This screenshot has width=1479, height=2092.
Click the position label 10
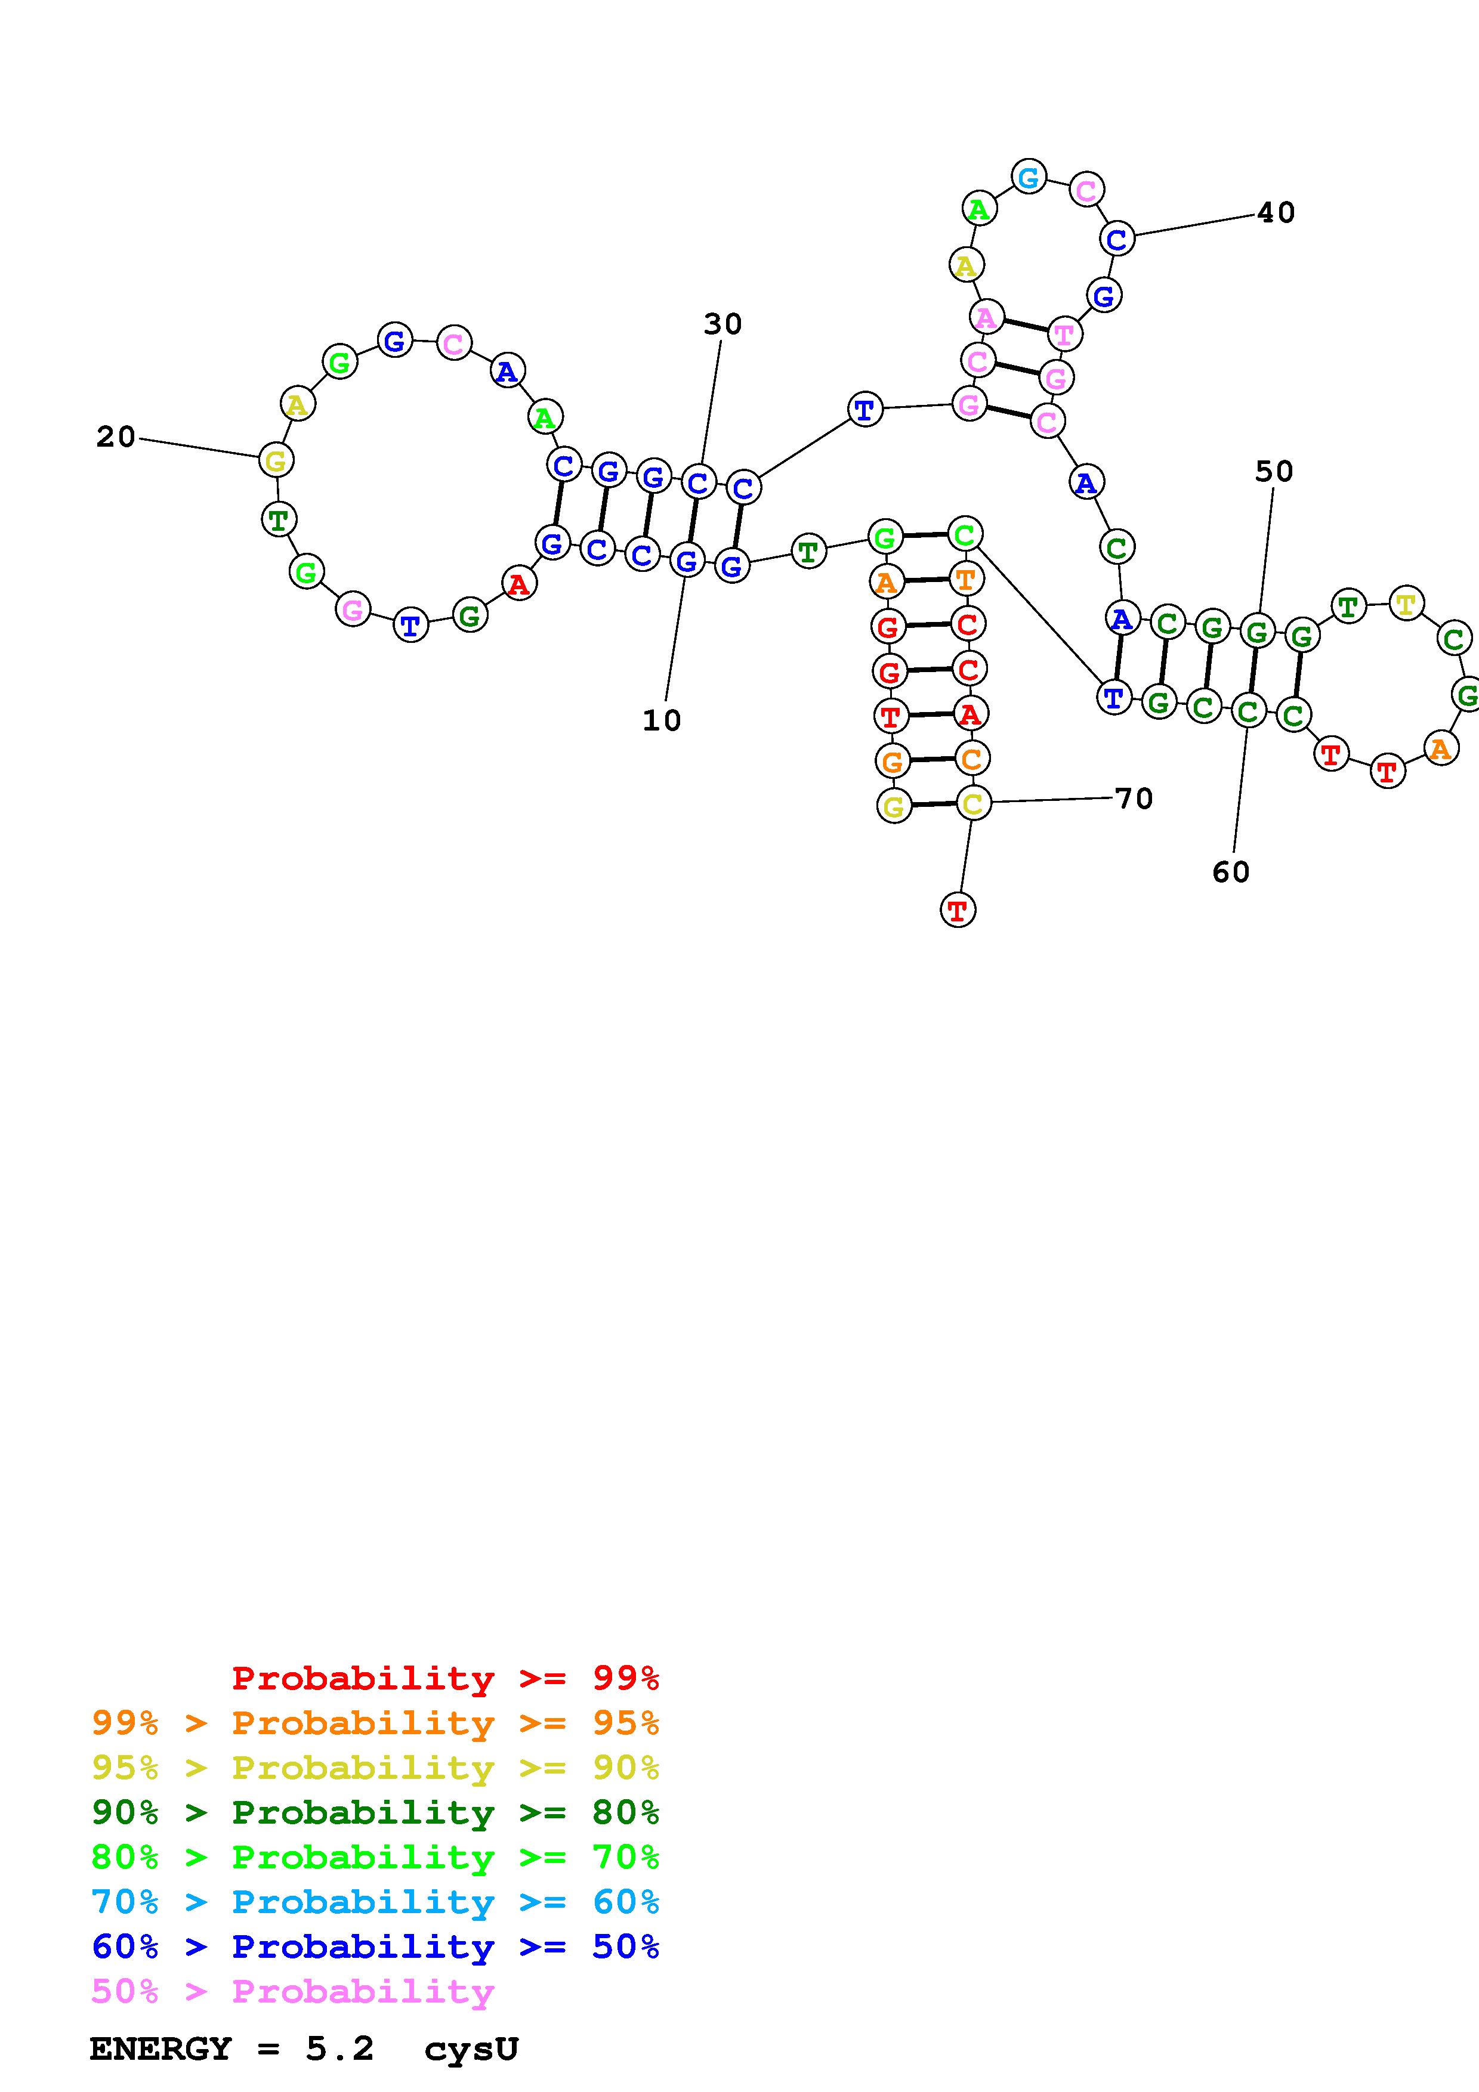coord(662,721)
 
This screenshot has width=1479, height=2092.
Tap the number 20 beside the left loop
coord(116,437)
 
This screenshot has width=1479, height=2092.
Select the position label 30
coord(722,324)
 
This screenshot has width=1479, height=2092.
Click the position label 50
coord(1274,472)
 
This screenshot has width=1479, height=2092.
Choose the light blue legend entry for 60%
coord(375,1902)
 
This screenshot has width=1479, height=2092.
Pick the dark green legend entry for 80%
coord(375,1812)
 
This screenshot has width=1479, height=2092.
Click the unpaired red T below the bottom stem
coord(957,909)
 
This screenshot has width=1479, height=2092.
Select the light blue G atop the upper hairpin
coord(1029,177)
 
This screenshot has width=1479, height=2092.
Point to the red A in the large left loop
coord(518,583)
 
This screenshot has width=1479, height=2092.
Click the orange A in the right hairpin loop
coord(1440,749)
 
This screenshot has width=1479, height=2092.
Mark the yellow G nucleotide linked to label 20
coord(275,460)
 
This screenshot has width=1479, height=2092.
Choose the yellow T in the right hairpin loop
coord(1406,603)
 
